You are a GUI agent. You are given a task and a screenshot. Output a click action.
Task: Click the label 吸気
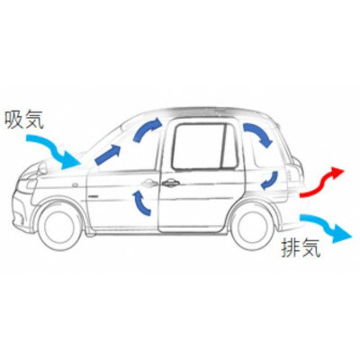click(24, 120)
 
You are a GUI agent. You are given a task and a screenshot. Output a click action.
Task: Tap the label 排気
click(301, 247)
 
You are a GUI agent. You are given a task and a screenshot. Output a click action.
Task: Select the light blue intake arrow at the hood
click(54, 150)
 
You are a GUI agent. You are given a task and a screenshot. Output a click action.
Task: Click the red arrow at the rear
click(321, 183)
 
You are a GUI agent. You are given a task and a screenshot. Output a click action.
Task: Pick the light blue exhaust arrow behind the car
click(326, 227)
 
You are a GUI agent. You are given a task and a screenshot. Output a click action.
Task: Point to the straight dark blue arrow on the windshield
click(108, 155)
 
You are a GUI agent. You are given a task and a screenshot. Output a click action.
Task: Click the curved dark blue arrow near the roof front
click(147, 129)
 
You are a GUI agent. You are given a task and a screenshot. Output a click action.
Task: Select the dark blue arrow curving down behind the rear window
click(257, 134)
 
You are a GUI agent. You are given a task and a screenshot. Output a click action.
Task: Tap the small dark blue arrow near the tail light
click(270, 181)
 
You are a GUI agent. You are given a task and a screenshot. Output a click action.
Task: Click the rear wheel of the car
click(253, 227)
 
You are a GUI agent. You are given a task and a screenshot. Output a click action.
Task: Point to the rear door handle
click(170, 183)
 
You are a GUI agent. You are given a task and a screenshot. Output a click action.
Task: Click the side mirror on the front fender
click(42, 167)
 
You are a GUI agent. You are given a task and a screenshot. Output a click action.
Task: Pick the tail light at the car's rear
click(297, 168)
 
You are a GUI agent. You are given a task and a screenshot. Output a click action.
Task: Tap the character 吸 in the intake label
click(14, 120)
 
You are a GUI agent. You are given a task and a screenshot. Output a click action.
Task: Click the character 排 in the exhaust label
click(291, 247)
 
